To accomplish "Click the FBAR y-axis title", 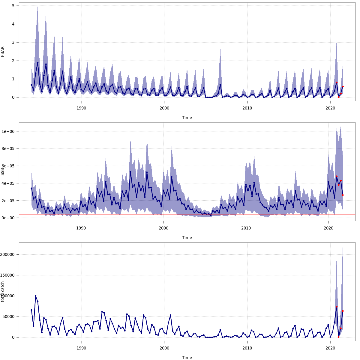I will coord(3,52).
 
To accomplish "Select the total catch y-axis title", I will coord(3,292).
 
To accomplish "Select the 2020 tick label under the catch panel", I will coord(330,348).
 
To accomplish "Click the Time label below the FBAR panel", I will coord(187,118).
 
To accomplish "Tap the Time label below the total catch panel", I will coord(187,358).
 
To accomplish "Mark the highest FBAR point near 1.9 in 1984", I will coord(37,63).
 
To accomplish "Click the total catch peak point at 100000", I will coord(35,296).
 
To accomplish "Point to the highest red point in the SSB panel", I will coord(337,176).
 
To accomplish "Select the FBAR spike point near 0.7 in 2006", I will coord(220,85).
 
